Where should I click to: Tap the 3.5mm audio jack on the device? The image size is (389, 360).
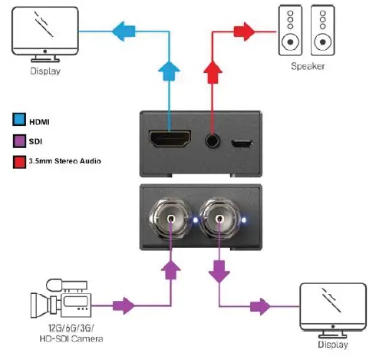[212, 140]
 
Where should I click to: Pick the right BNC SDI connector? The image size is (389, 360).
[220, 222]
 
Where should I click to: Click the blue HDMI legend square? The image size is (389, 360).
[19, 121]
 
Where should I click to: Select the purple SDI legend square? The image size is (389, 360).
[19, 140]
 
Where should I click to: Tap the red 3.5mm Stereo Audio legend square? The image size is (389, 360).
[19, 160]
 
